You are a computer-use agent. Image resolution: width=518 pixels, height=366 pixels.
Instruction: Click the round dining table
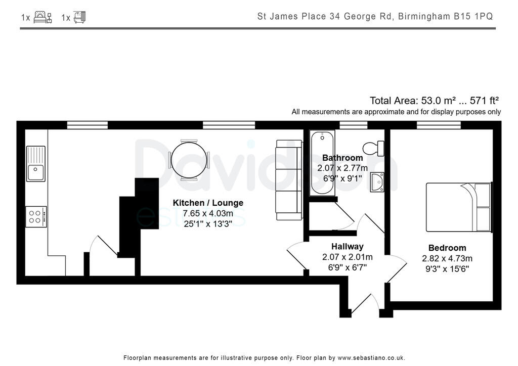[x=189, y=159]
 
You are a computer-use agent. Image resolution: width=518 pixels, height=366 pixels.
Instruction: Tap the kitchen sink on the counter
[x=36, y=164]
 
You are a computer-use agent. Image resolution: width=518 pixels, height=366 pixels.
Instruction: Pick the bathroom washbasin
[x=377, y=182]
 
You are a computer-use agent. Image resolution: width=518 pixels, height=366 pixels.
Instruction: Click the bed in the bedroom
[x=458, y=207]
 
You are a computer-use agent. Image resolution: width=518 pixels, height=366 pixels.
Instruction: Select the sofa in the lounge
[x=289, y=179]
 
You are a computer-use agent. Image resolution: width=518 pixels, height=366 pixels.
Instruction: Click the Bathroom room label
[x=342, y=158]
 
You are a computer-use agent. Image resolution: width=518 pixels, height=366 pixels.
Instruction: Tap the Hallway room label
[x=347, y=247]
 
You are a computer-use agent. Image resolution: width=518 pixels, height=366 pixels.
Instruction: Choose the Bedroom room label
[x=447, y=248]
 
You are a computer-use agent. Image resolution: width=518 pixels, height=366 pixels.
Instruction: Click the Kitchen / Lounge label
[x=208, y=203]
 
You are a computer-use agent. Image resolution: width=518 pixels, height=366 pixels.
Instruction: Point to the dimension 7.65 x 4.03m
[x=208, y=213]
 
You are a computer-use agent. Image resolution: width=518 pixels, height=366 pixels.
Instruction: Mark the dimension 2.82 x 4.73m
[x=447, y=258]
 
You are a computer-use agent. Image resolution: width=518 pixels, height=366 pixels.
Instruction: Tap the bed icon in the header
[x=42, y=18]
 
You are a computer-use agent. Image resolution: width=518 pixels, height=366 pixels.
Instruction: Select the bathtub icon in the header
[x=79, y=18]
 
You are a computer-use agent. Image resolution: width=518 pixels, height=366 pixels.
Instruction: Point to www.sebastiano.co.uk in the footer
[x=371, y=358]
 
